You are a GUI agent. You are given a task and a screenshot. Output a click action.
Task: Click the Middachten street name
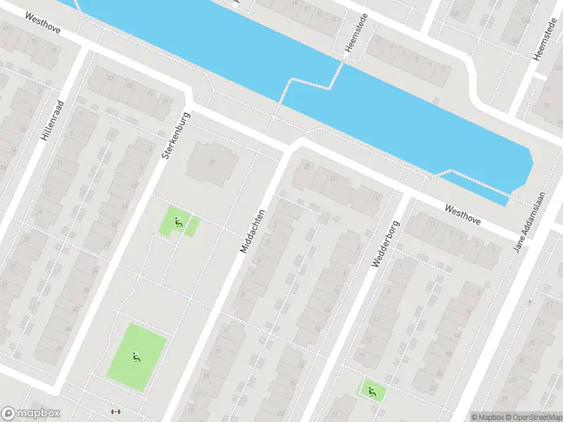[x=253, y=231]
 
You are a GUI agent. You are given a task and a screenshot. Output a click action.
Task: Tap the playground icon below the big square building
[x=179, y=223]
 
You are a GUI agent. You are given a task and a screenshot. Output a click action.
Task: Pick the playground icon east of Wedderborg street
[x=371, y=390]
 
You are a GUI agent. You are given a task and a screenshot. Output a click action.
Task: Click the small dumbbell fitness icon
[x=117, y=411]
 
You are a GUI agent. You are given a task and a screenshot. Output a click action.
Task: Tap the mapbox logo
[x=31, y=414]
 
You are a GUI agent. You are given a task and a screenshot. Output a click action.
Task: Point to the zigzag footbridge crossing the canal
[x=310, y=86]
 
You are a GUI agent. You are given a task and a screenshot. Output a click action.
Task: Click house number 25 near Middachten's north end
[x=306, y=165]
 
